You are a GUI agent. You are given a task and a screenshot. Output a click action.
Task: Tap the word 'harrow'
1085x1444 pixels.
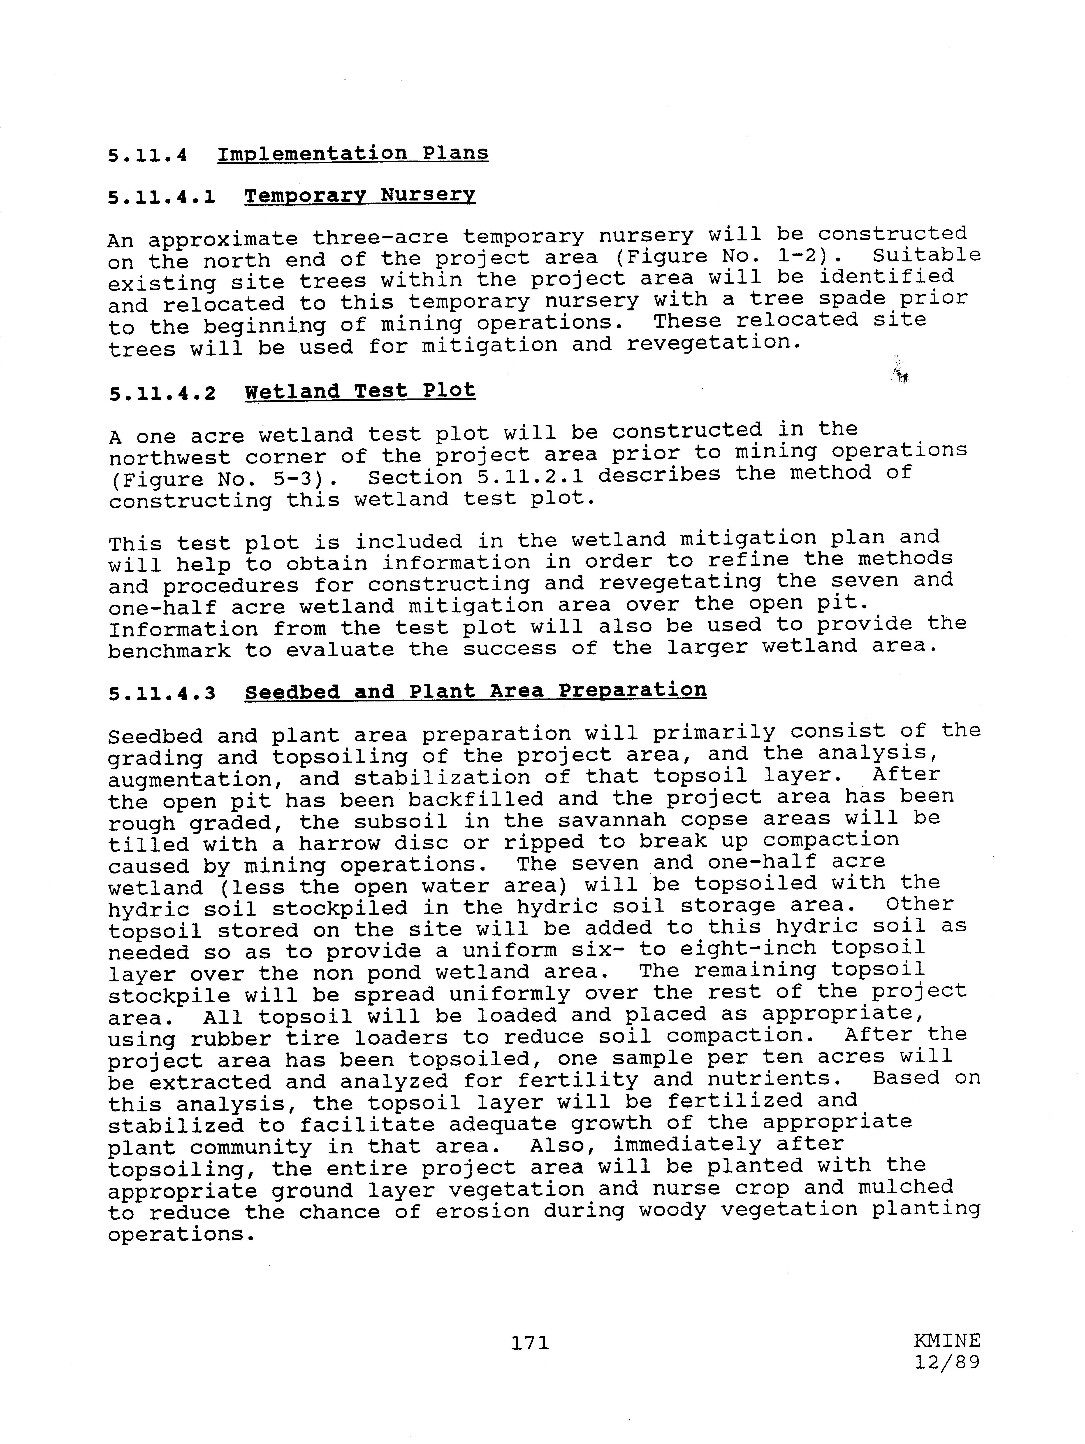tap(339, 843)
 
